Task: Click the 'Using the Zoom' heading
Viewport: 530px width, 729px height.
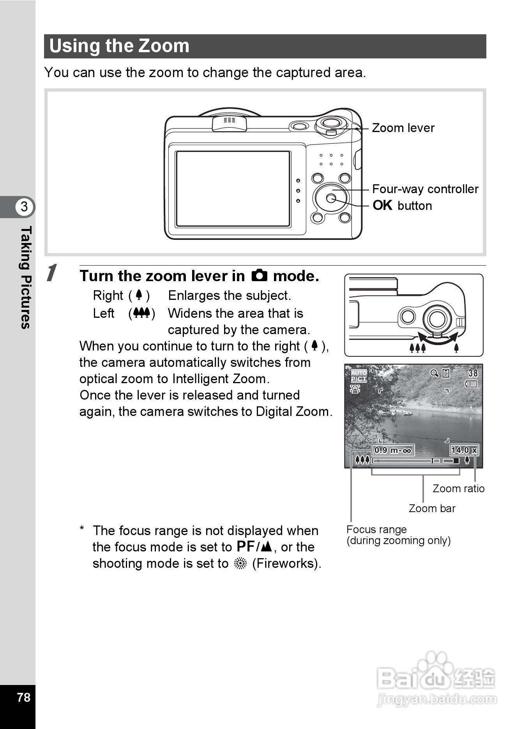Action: coord(119,46)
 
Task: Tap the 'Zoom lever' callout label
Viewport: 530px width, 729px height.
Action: coord(403,128)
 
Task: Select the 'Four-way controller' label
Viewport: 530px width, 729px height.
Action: coord(425,189)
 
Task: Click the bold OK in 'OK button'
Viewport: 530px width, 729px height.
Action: coord(382,205)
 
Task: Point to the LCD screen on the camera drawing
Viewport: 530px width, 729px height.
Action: coord(233,189)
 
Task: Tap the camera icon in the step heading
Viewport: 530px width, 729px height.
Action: coord(259,276)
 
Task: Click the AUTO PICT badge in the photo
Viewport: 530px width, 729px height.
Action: coord(359,376)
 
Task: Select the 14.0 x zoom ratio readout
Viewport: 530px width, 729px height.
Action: coord(464,450)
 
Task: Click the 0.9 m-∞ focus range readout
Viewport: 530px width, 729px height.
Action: coord(392,450)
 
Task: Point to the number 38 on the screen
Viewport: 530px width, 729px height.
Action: coord(473,373)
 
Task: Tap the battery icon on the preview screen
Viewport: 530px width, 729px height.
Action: coord(471,384)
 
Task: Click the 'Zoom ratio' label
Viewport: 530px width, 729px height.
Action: coord(458,488)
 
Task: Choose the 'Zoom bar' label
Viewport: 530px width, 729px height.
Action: coord(432,508)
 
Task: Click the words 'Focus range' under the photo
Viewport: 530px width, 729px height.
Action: coord(376,529)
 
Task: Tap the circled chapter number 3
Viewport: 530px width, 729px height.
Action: coord(24,206)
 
